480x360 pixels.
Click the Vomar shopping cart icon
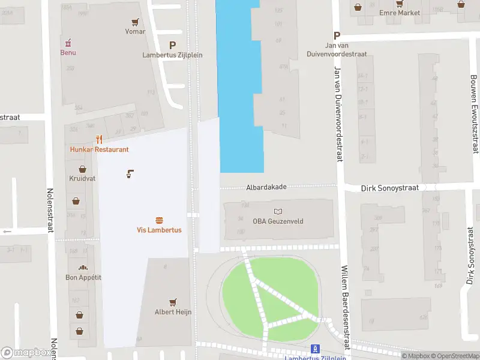[x=136, y=22]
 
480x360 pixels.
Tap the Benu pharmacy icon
[x=68, y=43]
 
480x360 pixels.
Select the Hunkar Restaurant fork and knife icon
[x=99, y=140]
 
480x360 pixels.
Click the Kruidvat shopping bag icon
[x=81, y=169]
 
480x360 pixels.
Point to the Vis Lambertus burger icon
[x=159, y=220]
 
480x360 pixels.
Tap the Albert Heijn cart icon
[x=173, y=302]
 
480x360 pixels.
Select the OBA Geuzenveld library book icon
[x=277, y=211]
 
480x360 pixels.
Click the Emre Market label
[x=399, y=13]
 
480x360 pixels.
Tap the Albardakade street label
[x=266, y=187]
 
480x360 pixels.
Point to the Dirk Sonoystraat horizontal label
[x=389, y=188]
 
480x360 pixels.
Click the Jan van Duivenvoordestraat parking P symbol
[x=337, y=35]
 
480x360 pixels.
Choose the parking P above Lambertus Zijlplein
[x=173, y=45]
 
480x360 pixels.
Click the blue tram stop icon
[x=315, y=349]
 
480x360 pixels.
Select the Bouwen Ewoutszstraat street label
[x=475, y=114]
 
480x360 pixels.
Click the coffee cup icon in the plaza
[x=130, y=174]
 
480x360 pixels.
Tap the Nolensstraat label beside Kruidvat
[x=50, y=217]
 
